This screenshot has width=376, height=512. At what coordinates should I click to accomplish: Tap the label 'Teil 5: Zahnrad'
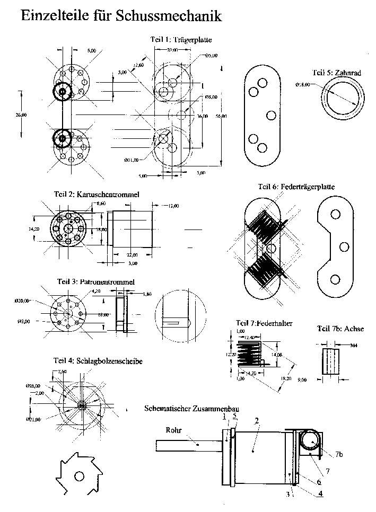point(337,73)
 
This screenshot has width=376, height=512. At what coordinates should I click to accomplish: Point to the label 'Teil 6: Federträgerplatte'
point(296,187)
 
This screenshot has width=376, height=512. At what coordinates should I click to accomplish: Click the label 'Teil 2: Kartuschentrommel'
point(97,195)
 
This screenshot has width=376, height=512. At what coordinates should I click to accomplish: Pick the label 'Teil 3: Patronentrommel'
point(95,281)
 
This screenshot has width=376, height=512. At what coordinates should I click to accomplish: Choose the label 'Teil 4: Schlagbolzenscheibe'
point(98,361)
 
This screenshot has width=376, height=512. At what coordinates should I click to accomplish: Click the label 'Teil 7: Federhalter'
point(265,323)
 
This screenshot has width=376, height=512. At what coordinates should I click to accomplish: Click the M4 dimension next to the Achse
point(354,345)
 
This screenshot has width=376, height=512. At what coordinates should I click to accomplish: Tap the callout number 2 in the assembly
point(256,421)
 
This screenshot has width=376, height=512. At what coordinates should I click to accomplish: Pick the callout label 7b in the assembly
point(339,455)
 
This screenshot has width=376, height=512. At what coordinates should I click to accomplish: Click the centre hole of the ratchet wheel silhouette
point(79,476)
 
